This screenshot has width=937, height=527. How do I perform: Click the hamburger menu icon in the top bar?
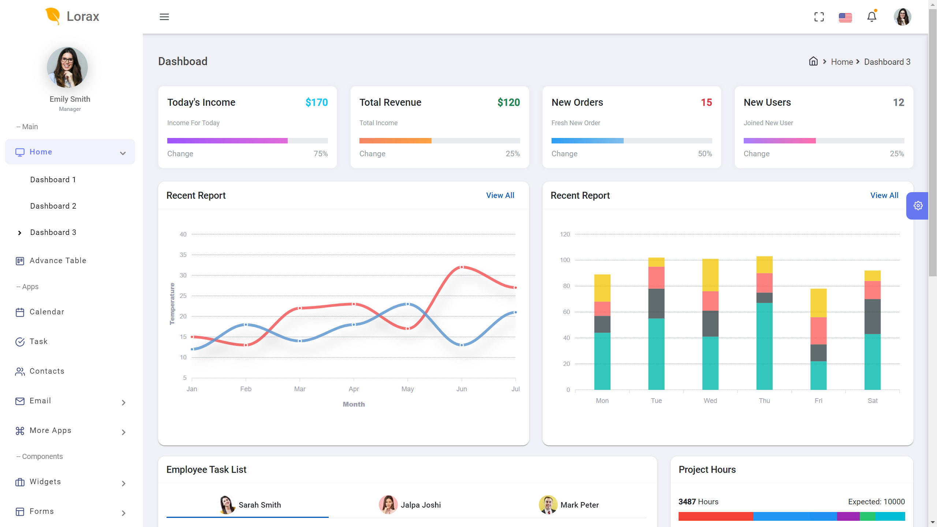pos(164,17)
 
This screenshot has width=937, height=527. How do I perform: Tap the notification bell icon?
pos(872,17)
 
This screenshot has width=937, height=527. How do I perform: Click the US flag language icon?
pos(845,17)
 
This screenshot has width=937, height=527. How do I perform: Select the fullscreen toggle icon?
pos(819,17)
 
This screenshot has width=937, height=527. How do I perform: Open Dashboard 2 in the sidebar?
pos(53,206)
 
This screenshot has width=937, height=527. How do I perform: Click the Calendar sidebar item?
pos(47,312)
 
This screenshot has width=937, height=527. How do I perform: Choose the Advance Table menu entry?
pos(58,261)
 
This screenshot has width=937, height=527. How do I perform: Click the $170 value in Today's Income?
pos(317,102)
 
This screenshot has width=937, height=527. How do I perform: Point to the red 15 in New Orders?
pos(706,102)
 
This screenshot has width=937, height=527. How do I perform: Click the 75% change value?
pos(321,154)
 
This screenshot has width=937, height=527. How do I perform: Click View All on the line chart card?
pos(500,195)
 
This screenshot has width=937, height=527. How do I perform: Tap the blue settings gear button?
pos(918,206)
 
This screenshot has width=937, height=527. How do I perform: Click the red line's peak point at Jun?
pos(462,267)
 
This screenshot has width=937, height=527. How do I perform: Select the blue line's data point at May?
pos(408,304)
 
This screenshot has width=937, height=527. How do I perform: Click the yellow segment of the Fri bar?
pos(818,303)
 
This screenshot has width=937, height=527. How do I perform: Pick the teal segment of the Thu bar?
pos(764,346)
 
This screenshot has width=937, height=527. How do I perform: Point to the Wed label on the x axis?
pos(710,401)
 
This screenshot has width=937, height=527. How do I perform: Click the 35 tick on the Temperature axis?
pos(183,255)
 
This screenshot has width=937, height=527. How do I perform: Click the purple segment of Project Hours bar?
pos(848,516)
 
